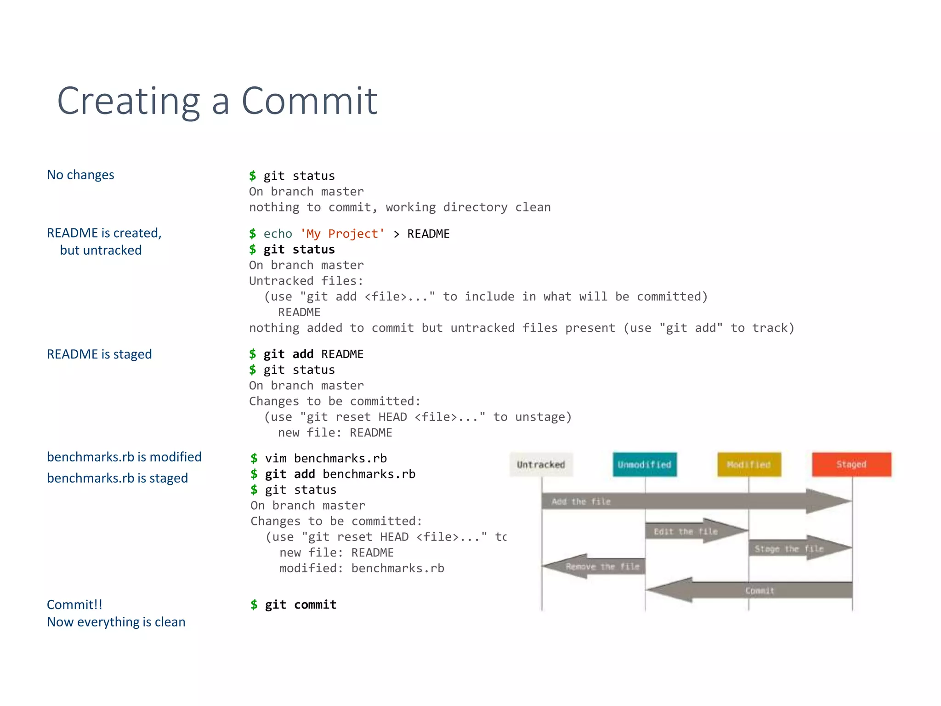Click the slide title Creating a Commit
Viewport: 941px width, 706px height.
tap(217, 101)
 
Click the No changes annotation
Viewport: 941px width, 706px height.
tap(80, 175)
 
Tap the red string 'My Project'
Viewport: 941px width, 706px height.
tap(342, 234)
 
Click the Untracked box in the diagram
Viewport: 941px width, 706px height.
tap(541, 465)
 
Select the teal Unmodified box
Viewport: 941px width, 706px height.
tap(644, 465)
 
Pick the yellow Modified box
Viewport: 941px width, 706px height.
tap(749, 465)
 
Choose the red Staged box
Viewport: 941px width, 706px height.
tap(851, 465)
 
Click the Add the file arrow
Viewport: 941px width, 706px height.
tap(689, 501)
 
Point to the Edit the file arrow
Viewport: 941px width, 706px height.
tap(689, 531)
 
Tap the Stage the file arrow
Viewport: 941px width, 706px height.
tap(795, 549)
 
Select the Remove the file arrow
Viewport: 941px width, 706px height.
tap(597, 566)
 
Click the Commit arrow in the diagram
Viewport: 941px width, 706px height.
tap(758, 590)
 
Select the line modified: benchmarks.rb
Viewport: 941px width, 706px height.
tap(362, 569)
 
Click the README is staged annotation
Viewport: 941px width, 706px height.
tap(99, 354)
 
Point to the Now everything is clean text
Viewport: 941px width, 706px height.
tap(116, 622)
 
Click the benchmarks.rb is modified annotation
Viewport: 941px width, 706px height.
tap(124, 457)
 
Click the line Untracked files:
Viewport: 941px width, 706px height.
tap(306, 281)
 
